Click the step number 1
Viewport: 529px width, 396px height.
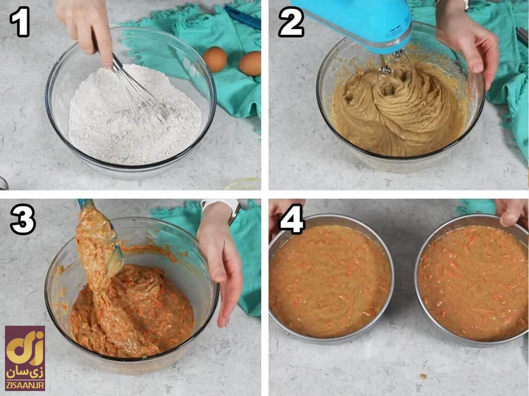(x=20, y=22)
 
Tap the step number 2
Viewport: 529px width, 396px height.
(x=291, y=22)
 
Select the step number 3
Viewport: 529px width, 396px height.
(x=23, y=219)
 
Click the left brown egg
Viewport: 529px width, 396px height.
(x=215, y=59)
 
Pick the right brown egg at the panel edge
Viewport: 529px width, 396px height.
(x=250, y=63)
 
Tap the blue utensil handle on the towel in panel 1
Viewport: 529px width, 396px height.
(x=242, y=17)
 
